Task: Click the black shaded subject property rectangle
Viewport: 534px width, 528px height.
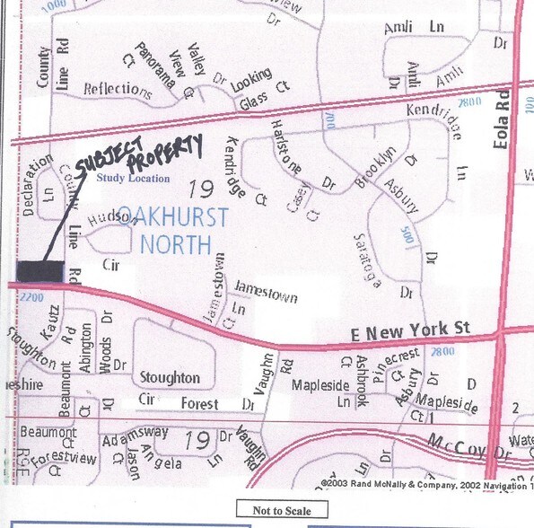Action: [x=40, y=270]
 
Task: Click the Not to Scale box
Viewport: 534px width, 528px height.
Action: [x=282, y=511]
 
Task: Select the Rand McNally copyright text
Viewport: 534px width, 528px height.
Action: [x=413, y=482]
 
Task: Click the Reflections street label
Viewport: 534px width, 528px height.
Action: [x=116, y=89]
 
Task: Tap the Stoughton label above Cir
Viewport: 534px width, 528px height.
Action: [x=171, y=377]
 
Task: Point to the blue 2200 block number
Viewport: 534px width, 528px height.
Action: [x=30, y=297]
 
